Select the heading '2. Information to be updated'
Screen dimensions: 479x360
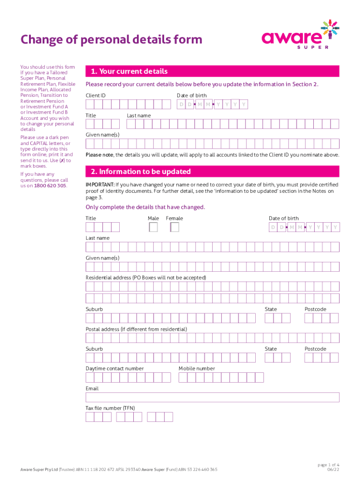pos(138,172)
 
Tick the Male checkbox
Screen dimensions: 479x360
pos(153,227)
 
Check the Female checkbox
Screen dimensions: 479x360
pos(175,227)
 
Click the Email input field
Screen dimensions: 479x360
pos(212,397)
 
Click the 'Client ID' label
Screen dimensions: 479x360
pos(95,95)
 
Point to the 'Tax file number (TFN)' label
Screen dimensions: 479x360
pos(110,408)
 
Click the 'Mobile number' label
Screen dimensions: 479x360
pos(196,369)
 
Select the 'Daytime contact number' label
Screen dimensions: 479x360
pos(115,369)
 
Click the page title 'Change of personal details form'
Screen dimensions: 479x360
pos(111,40)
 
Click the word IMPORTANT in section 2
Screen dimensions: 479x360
pos(100,185)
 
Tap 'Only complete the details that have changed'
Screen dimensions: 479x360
pos(145,207)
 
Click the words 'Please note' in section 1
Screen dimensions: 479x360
pos(99,155)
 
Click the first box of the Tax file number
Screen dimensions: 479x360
pos(90,417)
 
